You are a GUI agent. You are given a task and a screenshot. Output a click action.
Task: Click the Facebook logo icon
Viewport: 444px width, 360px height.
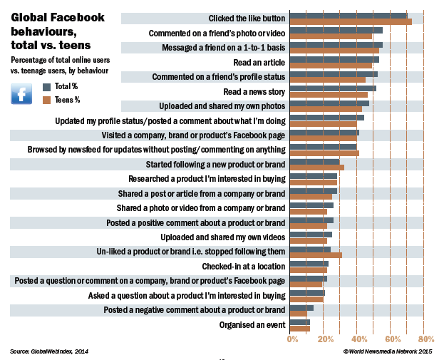21,93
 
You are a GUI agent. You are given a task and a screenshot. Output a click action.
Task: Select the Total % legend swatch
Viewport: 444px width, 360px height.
47,86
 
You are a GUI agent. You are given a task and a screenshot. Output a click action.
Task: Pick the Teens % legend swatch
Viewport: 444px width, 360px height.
47,100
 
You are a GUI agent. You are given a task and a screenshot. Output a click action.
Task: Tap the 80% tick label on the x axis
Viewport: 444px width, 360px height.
426,339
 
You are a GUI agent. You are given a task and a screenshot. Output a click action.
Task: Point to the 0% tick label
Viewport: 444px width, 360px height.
293,339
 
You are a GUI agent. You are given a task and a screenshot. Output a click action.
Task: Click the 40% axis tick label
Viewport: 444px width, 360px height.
360,339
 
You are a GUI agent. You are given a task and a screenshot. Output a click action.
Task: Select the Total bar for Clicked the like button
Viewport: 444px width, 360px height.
349,15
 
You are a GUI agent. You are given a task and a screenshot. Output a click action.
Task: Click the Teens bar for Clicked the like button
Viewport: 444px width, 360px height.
351,21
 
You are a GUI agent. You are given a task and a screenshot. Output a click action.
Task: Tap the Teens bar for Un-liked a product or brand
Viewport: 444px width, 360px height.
316,254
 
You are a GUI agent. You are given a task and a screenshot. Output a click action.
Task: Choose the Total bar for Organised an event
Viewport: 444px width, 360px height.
300,322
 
